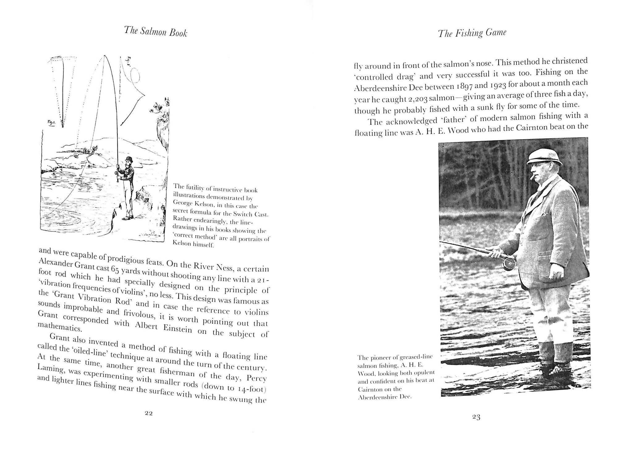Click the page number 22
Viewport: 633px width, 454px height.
[149, 414]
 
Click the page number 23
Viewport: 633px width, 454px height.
[476, 417]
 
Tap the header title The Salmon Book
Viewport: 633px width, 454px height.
[155, 32]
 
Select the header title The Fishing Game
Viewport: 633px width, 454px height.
[472, 33]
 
